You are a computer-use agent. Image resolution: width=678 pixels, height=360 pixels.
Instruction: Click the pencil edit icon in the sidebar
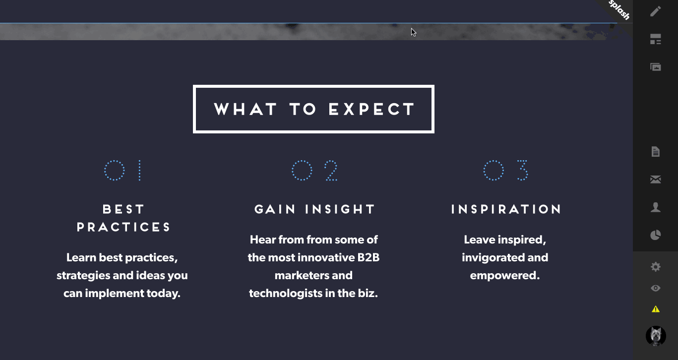click(656, 11)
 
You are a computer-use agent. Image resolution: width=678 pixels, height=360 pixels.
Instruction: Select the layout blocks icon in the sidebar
click(656, 39)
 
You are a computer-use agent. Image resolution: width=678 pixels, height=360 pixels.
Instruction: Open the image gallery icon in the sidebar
click(656, 67)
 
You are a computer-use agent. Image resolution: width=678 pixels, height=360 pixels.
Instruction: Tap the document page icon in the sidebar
click(656, 152)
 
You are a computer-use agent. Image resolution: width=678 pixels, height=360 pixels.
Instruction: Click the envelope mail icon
click(656, 180)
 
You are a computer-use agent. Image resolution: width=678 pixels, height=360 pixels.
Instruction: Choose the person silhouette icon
click(656, 207)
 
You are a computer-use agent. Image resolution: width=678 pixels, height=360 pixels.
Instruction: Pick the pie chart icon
click(656, 235)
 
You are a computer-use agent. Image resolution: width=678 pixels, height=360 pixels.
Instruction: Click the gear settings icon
click(656, 267)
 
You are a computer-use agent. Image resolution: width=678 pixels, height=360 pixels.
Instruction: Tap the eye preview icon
click(656, 288)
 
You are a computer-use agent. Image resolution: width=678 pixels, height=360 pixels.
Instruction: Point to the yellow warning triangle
click(656, 309)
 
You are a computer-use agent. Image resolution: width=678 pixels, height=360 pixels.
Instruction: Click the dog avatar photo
click(656, 336)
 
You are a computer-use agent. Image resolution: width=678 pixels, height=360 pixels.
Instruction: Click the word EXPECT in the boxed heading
click(371, 109)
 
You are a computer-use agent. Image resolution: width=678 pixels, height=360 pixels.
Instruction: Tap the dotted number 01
click(123, 170)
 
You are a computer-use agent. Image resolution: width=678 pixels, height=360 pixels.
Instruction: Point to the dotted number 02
click(314, 170)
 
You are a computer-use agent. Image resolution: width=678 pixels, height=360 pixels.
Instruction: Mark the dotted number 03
click(506, 170)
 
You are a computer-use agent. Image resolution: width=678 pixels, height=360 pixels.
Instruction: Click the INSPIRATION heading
click(506, 209)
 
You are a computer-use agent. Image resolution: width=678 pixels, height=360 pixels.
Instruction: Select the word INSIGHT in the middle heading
click(340, 209)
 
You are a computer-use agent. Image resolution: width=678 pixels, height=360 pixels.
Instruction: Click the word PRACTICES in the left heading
click(123, 227)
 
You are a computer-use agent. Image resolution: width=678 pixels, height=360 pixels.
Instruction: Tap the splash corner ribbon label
click(619, 10)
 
